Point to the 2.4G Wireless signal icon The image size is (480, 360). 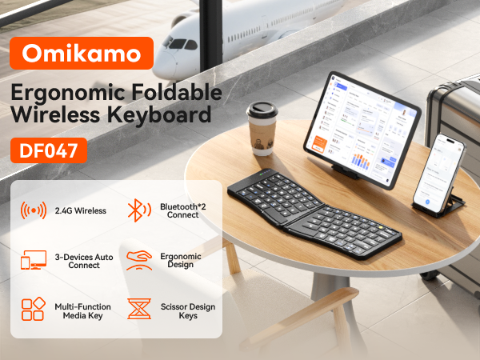[34, 211]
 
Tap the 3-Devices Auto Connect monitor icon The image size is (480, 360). [34, 260]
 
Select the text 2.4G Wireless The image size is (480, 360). [79, 211]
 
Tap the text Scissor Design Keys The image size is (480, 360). [186, 311]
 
